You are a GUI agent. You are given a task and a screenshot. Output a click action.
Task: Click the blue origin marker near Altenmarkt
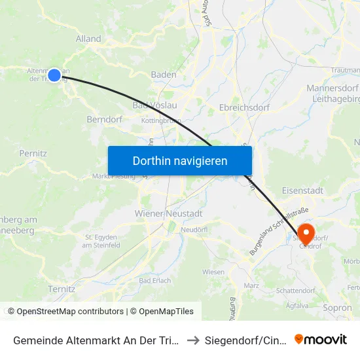click(54, 75)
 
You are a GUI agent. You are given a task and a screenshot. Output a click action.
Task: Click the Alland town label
click(88, 39)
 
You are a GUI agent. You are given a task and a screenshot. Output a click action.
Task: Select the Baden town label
click(164, 75)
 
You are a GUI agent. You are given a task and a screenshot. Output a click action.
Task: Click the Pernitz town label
click(33, 153)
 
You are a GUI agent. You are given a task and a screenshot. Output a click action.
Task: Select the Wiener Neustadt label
click(168, 213)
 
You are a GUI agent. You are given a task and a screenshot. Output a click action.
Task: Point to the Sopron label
click(337, 308)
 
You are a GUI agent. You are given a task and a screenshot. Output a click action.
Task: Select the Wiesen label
click(213, 272)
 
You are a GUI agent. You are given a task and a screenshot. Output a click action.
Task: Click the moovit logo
click(321, 339)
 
